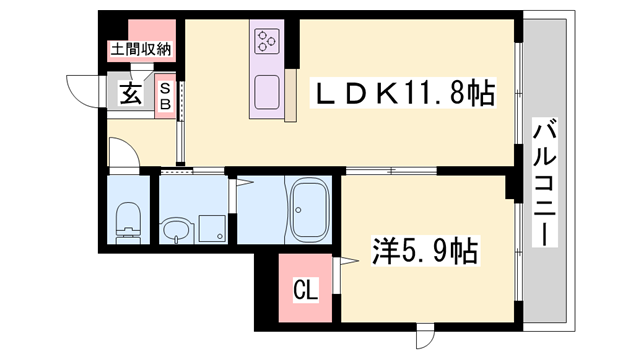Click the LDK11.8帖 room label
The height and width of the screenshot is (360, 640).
(404, 95)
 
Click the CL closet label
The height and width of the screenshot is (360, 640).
(306, 292)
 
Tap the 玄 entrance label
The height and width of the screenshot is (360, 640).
(131, 95)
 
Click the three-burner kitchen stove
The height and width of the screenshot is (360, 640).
(267, 41)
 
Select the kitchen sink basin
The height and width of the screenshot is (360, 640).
(268, 93)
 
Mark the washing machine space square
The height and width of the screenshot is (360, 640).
(213, 228)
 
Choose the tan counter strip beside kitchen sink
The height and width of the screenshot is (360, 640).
(291, 96)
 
